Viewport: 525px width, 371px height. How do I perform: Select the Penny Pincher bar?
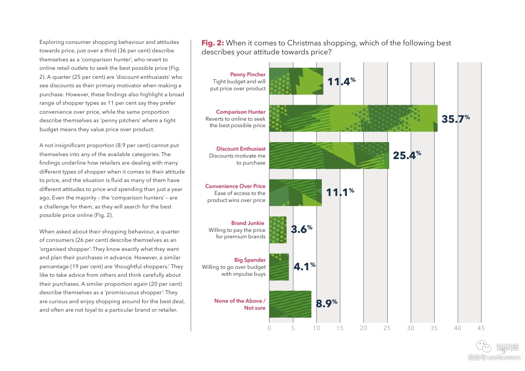coord(296,81)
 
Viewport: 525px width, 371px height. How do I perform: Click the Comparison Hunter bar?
coord(353,118)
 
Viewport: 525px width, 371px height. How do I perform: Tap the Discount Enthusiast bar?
coord(329,156)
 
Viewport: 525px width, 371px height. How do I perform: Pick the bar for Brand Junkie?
coord(277,230)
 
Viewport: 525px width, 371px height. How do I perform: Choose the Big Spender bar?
coord(278,267)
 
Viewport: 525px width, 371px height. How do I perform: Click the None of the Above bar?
coord(290,304)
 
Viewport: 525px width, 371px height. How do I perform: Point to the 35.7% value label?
coord(455,119)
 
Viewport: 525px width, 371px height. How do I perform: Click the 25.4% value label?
coord(407,156)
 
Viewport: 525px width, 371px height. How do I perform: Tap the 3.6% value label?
coord(301,230)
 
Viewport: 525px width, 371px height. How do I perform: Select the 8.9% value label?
coord(326,304)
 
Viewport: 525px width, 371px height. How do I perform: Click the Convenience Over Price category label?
coord(235,186)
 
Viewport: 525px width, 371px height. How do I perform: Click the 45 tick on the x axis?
coord(481,328)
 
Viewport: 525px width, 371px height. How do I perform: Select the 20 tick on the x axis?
coord(363,328)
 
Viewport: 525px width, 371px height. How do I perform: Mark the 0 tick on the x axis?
coord(269,328)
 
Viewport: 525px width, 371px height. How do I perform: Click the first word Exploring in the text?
coord(51,42)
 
